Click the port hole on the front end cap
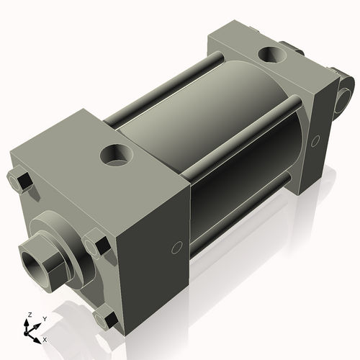pos(116,153)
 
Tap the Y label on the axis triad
pos(44,318)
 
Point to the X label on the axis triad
pos(45,338)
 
